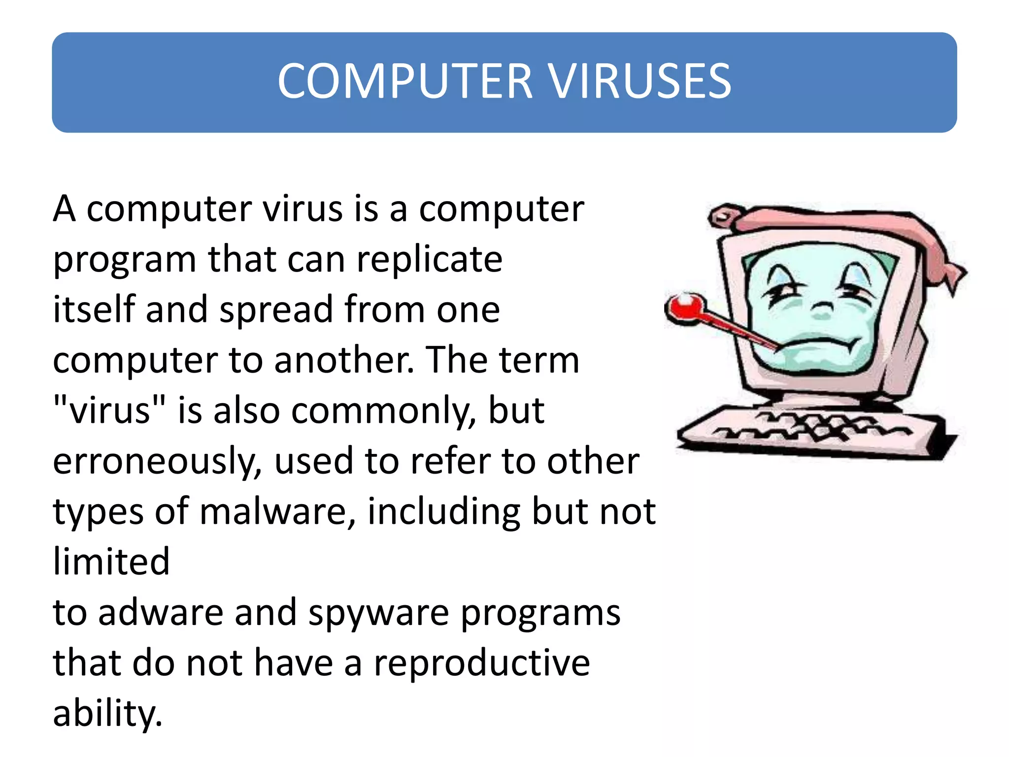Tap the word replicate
point(429,260)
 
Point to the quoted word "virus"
point(109,410)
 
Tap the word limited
point(111,562)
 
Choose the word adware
point(161,613)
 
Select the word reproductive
point(481,664)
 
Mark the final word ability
point(107,715)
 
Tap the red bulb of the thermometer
point(684,308)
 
